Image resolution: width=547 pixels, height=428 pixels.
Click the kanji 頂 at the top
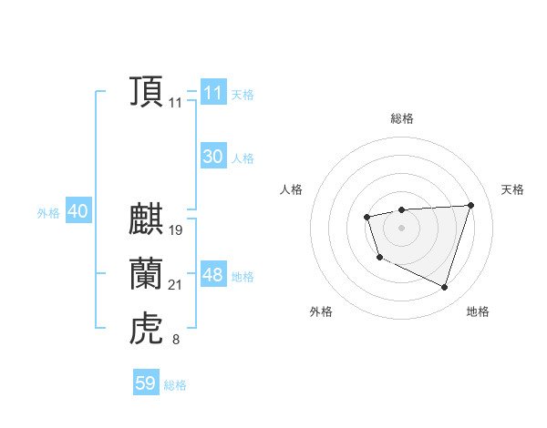click(x=146, y=92)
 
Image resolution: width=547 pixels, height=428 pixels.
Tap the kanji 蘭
click(x=146, y=274)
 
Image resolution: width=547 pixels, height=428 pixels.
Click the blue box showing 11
click(x=212, y=93)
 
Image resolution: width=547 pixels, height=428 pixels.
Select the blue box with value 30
click(x=212, y=157)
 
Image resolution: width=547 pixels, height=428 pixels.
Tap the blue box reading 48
click(x=212, y=275)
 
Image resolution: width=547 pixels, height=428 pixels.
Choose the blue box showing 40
click(x=77, y=211)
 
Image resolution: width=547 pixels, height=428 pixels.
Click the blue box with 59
click(x=146, y=383)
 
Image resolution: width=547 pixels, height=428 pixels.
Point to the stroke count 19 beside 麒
click(x=176, y=230)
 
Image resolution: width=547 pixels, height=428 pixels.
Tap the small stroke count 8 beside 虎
click(x=176, y=341)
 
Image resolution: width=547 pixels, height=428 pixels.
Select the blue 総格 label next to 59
click(x=175, y=385)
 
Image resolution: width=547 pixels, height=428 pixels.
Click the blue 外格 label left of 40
click(x=48, y=213)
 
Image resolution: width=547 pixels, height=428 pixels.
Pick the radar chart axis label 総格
click(x=402, y=118)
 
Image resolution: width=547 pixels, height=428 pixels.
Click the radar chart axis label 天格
click(x=512, y=189)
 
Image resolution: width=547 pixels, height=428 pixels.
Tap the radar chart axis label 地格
click(x=478, y=311)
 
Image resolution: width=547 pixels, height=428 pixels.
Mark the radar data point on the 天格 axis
click(x=470, y=205)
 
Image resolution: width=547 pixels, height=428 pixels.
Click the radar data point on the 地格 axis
click(x=444, y=288)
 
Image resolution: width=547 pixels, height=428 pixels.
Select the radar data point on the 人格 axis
click(x=366, y=217)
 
